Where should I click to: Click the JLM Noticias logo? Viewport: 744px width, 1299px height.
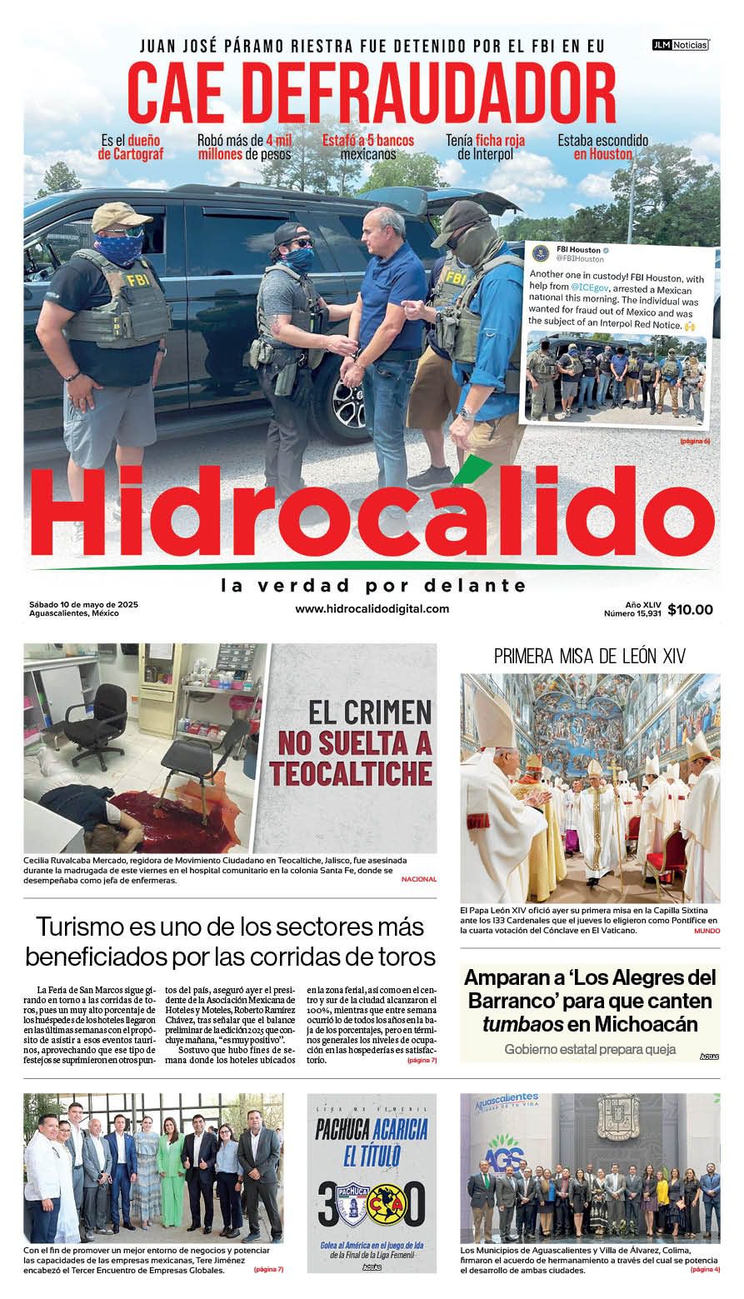pos(680,45)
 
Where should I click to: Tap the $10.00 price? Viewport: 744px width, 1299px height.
pos(690,610)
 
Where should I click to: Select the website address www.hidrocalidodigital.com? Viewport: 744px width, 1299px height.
pos(372,609)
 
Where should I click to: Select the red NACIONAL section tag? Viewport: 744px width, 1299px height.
pos(418,880)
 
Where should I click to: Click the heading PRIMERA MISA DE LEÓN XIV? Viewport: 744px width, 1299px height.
pos(590,657)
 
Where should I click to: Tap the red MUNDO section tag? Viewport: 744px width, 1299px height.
pos(707,930)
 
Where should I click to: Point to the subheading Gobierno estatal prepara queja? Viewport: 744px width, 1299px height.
pos(590,1050)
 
